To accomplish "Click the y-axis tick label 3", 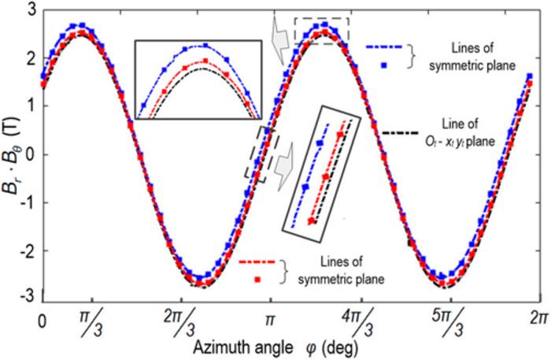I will tap(31, 9).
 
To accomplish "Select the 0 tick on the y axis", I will tap(31, 154).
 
